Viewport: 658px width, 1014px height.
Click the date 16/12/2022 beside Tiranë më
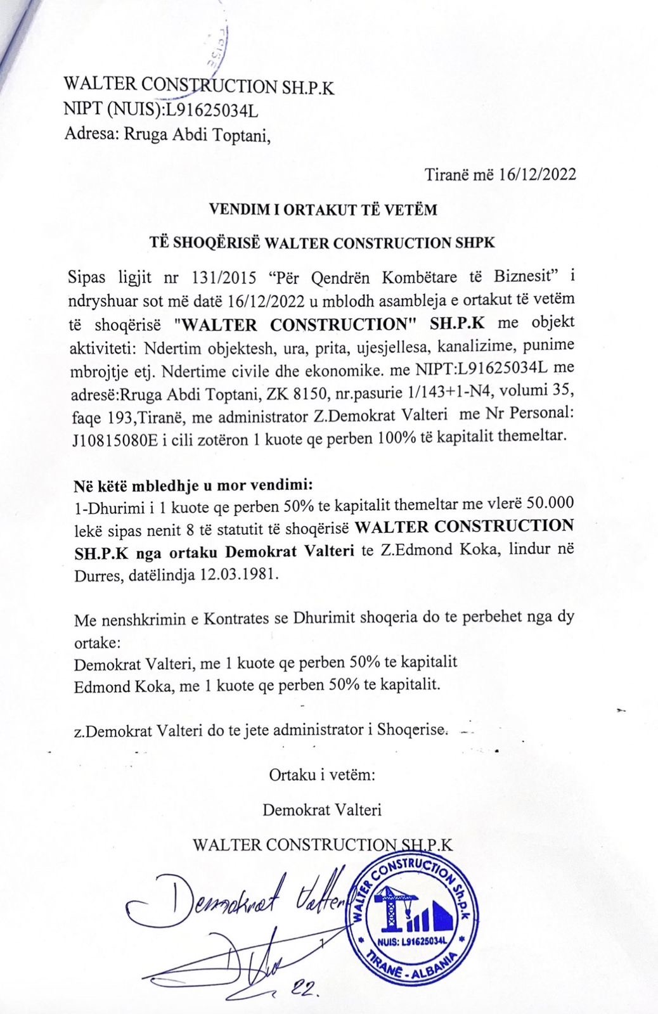pos(538,174)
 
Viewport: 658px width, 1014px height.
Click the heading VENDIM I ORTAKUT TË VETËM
pos(323,210)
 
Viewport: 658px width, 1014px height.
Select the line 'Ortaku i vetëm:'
pos(323,774)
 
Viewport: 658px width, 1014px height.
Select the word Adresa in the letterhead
pos(87,134)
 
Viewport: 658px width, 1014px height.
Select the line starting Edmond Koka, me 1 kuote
pos(257,686)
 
